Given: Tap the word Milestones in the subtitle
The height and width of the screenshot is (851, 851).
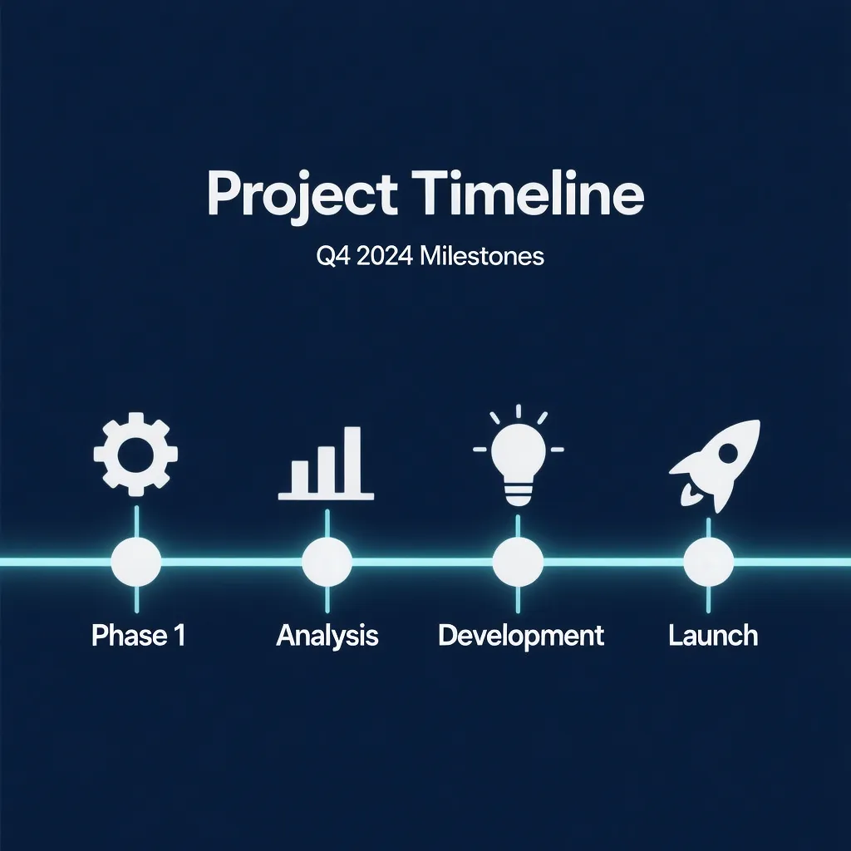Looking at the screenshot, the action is [x=482, y=256].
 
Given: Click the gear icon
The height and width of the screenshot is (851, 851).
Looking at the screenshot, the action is [x=135, y=455].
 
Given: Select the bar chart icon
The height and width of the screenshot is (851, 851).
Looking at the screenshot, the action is [x=326, y=463].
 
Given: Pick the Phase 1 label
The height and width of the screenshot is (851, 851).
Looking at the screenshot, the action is [x=139, y=635].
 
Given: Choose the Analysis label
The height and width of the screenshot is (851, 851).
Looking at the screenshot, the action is [x=327, y=636].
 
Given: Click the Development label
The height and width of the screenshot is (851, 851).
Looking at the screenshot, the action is [x=521, y=636].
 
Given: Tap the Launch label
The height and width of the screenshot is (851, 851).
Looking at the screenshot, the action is [x=713, y=635].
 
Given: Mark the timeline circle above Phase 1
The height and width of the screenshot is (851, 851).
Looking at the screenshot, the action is [x=136, y=562].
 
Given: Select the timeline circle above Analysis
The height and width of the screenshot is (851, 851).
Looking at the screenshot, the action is [x=327, y=562].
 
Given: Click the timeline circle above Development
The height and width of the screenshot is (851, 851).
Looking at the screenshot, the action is [x=518, y=562].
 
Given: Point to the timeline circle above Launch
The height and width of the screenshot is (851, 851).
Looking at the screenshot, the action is [x=708, y=562].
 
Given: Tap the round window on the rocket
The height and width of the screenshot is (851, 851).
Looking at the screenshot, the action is [x=728, y=451].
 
